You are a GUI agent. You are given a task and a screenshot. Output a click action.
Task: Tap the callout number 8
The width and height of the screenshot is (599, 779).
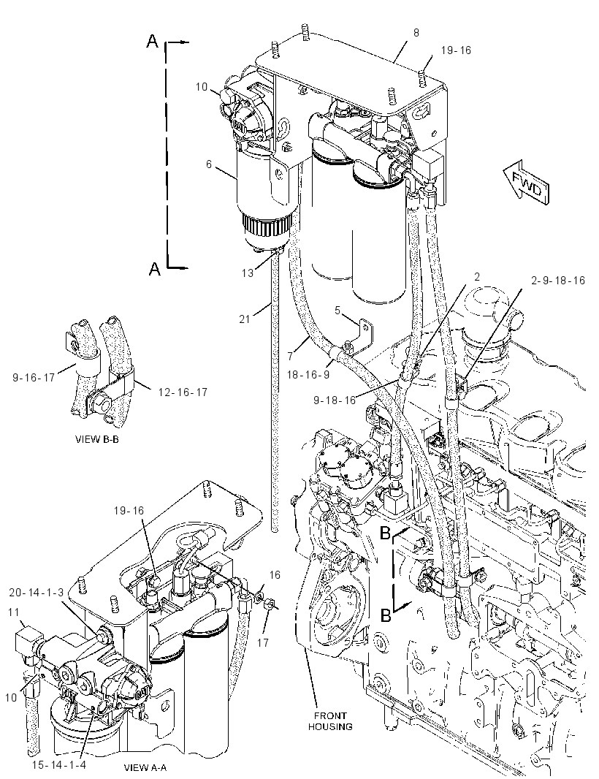416,33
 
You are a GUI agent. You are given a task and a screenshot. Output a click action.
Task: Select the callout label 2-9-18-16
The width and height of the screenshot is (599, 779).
558,281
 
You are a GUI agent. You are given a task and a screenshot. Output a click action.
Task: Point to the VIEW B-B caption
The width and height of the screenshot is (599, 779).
97,439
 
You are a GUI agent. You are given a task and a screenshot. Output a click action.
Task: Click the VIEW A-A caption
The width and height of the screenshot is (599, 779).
145,767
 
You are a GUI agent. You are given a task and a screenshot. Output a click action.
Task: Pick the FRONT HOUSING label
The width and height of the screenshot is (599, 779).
330,721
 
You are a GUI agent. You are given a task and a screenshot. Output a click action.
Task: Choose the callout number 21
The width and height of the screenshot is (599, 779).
245,319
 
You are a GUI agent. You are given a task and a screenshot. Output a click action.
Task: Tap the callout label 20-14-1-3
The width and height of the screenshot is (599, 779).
37,592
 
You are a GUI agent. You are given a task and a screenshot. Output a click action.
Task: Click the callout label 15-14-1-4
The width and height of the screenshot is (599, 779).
59,764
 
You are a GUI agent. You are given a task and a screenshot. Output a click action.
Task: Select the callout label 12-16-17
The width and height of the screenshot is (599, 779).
183,392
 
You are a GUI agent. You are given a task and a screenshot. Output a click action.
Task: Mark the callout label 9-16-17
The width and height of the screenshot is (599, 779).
34,378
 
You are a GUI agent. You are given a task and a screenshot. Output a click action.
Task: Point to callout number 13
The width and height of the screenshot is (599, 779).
248,273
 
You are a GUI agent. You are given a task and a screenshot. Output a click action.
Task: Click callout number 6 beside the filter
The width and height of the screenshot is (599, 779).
209,164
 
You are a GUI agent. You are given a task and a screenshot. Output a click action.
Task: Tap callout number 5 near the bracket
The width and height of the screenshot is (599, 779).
337,311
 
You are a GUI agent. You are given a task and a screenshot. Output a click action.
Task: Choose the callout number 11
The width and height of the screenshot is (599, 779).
14,612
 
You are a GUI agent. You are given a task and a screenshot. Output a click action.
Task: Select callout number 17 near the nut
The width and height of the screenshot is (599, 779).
263,642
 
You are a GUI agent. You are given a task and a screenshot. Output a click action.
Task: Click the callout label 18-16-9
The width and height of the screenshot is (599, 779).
308,374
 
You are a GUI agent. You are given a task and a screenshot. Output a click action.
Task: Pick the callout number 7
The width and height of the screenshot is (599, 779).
290,356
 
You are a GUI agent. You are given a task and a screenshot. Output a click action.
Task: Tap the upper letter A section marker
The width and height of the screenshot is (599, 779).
153,42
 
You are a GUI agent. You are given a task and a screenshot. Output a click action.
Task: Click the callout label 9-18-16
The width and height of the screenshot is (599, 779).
335,400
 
